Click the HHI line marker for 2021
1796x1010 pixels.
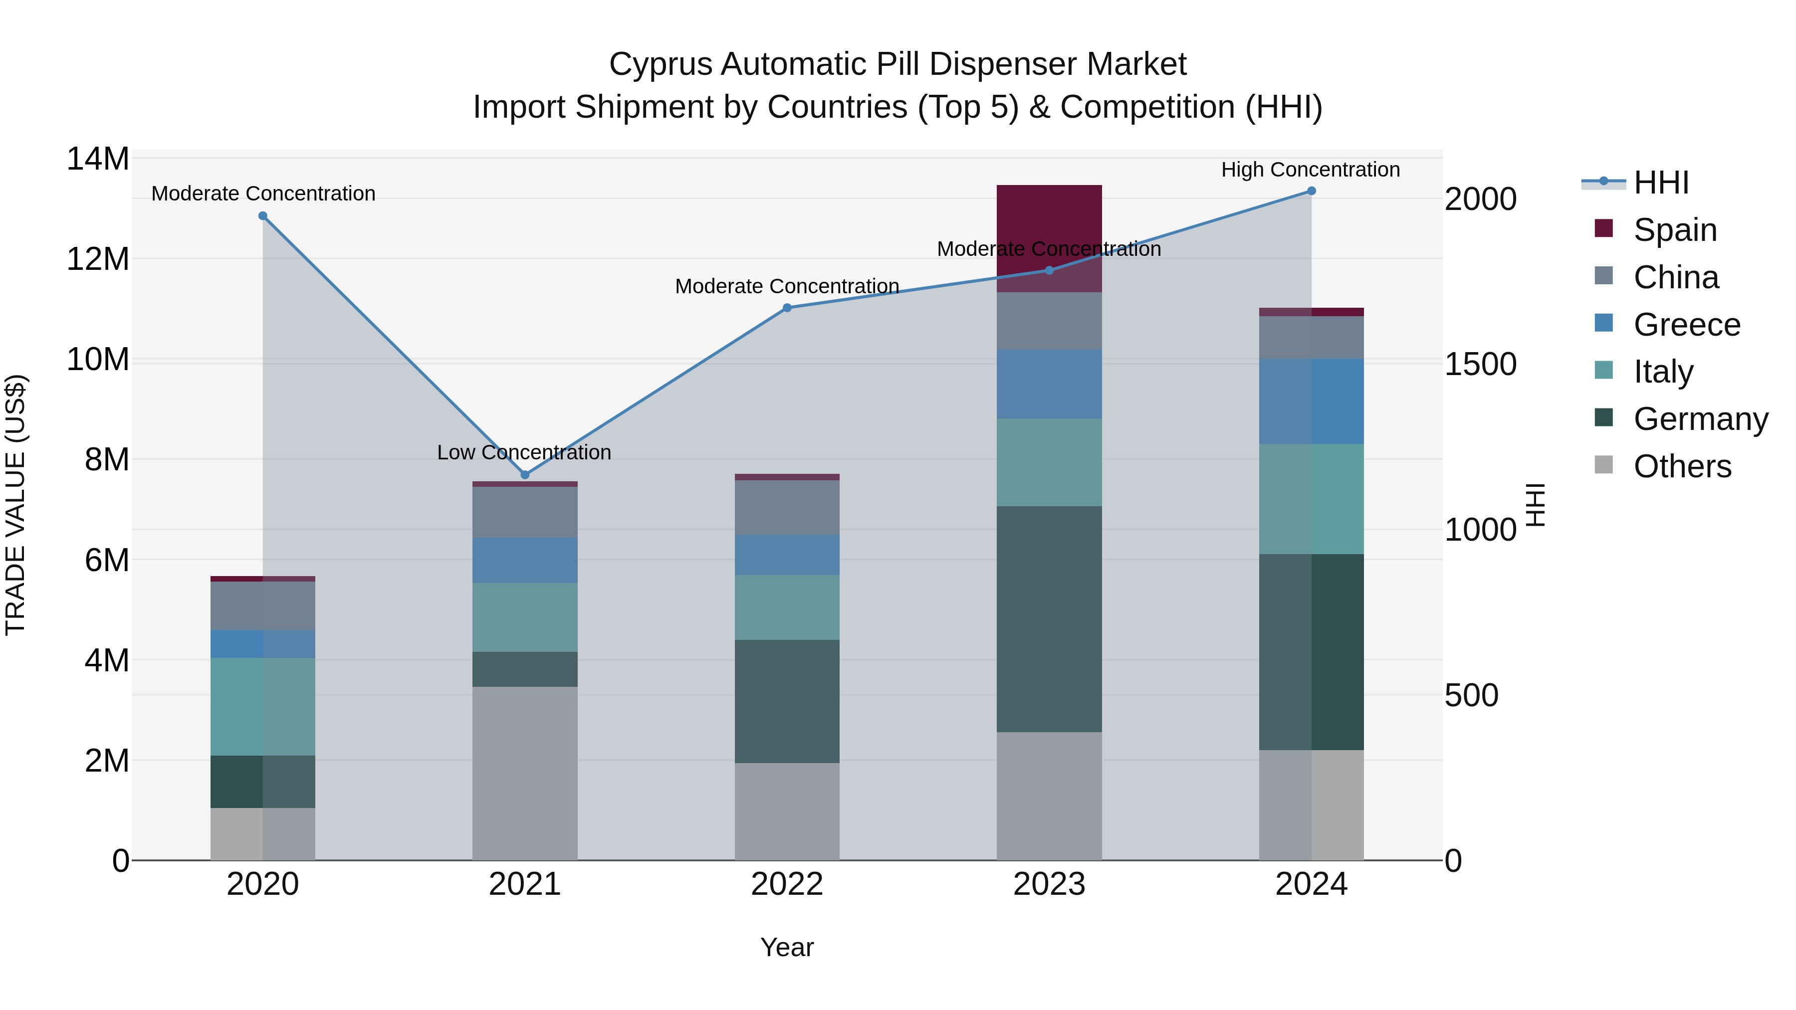click(x=525, y=475)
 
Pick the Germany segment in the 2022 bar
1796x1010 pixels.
click(x=787, y=701)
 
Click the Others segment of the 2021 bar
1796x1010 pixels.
click(x=525, y=774)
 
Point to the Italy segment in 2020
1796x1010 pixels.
click(x=263, y=706)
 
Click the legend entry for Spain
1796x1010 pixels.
click(x=1675, y=230)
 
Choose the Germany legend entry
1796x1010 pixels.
click(x=1700, y=419)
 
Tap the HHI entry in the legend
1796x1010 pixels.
click(x=1661, y=183)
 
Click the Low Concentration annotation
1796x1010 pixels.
click(x=524, y=452)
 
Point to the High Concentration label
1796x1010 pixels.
click(x=1310, y=170)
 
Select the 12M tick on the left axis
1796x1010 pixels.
click(x=98, y=259)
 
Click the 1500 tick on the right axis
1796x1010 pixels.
click(x=1480, y=365)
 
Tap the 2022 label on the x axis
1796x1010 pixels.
click(x=787, y=884)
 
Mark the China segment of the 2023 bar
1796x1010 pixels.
click(x=1049, y=321)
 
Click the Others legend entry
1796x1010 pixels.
click(x=1682, y=466)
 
